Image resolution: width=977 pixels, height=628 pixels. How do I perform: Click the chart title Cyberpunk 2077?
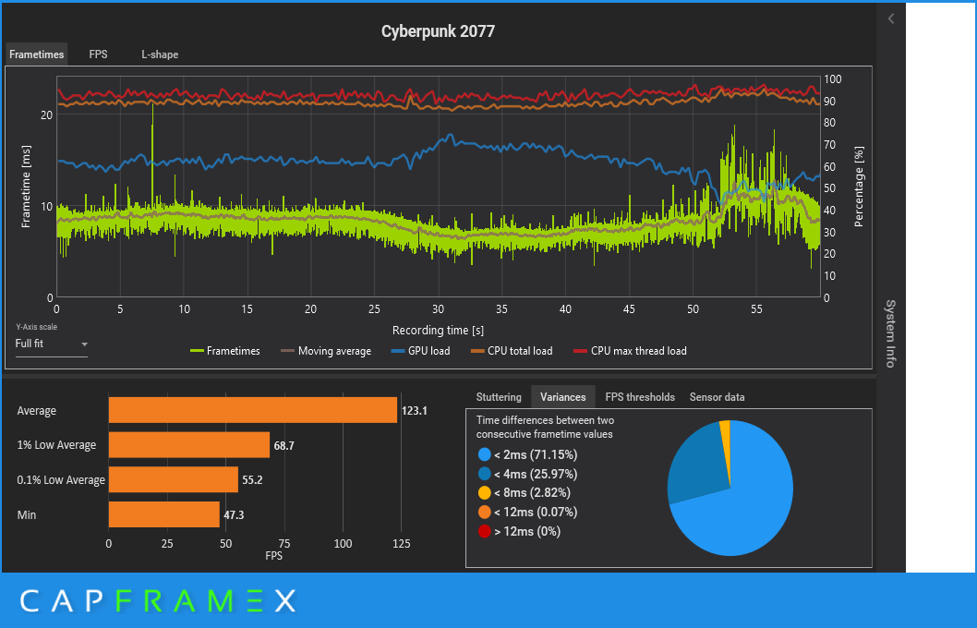438,31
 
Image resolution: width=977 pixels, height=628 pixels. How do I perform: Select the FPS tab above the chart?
98,54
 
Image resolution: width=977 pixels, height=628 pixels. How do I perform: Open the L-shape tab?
160,54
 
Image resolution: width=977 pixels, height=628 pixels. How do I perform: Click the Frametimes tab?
37,54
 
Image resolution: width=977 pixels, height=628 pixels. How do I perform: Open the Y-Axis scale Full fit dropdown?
52,344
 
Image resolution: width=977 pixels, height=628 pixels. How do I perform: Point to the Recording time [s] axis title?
438,330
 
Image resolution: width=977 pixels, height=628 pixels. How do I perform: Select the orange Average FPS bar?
252,410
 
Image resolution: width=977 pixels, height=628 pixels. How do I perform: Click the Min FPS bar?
163,514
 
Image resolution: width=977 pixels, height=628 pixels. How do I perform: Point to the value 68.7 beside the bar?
283,445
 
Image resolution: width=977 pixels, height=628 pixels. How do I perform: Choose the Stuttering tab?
499,397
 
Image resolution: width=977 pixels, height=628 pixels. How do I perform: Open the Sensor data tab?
717,397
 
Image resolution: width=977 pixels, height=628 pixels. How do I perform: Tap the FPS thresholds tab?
640,397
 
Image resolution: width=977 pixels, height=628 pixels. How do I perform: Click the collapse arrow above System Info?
890,18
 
